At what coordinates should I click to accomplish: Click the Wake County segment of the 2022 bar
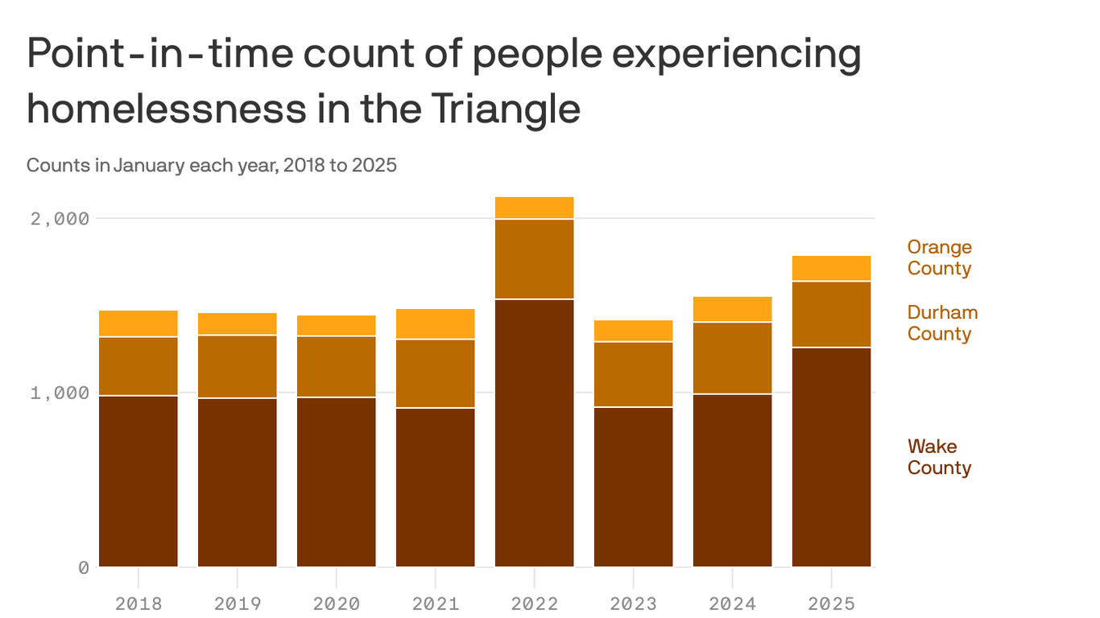pos(534,433)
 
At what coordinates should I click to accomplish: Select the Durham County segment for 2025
pos(831,314)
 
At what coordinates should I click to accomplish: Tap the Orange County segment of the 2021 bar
pos(435,323)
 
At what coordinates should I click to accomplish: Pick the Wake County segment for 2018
pos(138,481)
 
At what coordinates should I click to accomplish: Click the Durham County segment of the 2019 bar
pos(237,366)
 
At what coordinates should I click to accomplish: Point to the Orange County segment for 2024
pos(732,309)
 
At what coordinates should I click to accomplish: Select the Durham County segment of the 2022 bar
pos(534,258)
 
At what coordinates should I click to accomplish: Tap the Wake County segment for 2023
pos(633,487)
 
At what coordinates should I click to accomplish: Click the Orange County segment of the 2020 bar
pos(336,325)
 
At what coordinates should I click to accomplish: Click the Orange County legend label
pos(939,257)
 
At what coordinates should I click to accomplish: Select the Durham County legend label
pos(942,323)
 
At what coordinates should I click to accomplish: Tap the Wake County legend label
pos(939,457)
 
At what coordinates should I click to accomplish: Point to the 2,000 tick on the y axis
pos(60,219)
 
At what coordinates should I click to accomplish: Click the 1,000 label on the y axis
pos(60,393)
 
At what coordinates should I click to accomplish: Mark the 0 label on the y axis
pos(83,568)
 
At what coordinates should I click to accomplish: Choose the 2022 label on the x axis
pos(534,604)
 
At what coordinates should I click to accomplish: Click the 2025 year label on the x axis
pos(831,604)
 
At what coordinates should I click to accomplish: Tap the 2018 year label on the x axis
pos(138,604)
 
